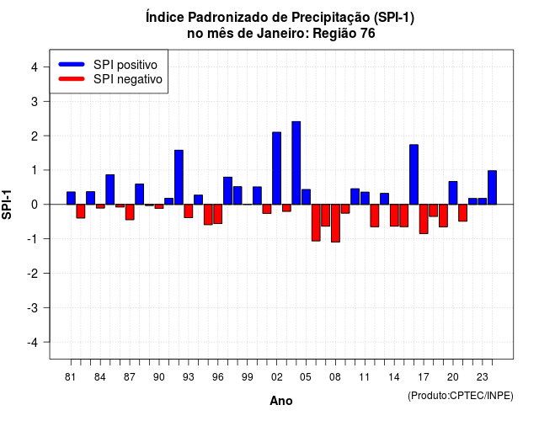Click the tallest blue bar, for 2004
click(x=296, y=163)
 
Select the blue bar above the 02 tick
click(x=276, y=168)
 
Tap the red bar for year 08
click(x=335, y=223)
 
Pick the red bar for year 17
click(x=424, y=219)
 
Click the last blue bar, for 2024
click(x=492, y=187)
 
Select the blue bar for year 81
click(x=71, y=198)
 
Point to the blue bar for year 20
click(x=453, y=193)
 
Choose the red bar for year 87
click(x=130, y=212)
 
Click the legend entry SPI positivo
click(x=125, y=65)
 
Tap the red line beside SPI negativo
click(x=72, y=79)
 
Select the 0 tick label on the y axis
click(x=34, y=205)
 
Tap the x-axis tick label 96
click(x=217, y=377)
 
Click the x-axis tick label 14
click(x=394, y=377)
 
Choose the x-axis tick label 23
click(x=482, y=377)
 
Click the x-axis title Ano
click(x=281, y=401)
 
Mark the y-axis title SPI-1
click(x=7, y=205)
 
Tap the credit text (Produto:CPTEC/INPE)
click(x=461, y=396)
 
